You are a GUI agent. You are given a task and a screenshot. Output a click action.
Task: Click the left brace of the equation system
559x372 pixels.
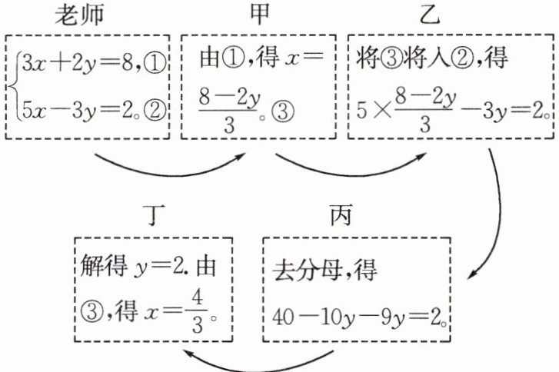16,85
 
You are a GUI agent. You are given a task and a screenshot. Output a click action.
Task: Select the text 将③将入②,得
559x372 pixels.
421,59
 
